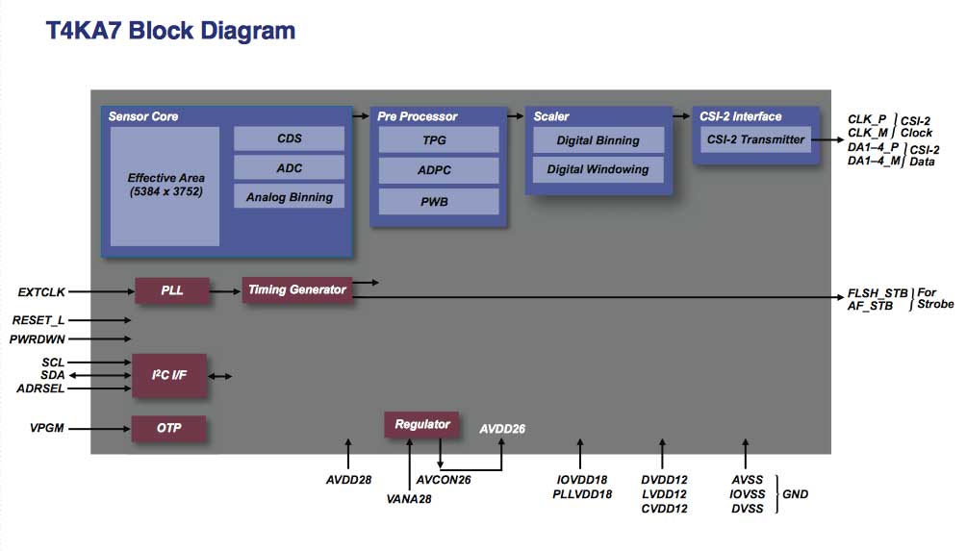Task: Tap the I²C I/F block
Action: pos(168,376)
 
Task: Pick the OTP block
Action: pos(168,428)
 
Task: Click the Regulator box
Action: pos(422,424)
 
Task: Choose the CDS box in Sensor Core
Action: pos(289,138)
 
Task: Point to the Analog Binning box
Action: pos(289,196)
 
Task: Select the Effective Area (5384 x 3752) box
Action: pos(165,186)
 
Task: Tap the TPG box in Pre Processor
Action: pos(439,140)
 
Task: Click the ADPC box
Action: pos(439,170)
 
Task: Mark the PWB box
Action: pos(439,201)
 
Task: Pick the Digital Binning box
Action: pos(598,140)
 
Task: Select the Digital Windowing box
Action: pos(598,169)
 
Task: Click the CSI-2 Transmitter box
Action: pos(755,139)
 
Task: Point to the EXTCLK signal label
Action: pos(41,290)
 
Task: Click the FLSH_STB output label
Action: pos(876,292)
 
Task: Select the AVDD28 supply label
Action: pos(348,479)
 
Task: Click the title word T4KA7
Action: pos(84,31)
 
